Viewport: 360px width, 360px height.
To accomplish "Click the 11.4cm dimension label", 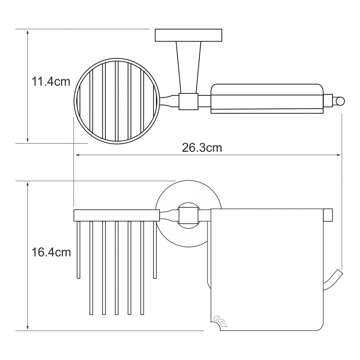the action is coord(51,82).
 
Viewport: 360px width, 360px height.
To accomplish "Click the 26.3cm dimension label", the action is coord(202,148).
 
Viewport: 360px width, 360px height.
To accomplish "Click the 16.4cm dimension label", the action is coord(51,252).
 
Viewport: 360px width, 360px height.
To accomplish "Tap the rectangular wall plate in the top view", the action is coord(188,35).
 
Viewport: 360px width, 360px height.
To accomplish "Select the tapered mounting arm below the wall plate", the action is coord(188,67).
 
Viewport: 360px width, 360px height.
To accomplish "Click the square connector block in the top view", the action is coord(188,101).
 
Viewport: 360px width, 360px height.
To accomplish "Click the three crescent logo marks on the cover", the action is coord(220,321).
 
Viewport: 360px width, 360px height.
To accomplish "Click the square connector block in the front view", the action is coord(188,215).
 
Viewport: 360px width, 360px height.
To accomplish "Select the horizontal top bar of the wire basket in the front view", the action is coord(117,215).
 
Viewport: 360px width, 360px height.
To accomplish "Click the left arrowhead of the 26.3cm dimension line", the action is coord(78,155).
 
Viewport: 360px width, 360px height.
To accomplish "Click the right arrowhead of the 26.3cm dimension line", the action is coord(339,155).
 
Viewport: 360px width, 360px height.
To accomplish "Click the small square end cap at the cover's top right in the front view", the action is coord(328,215).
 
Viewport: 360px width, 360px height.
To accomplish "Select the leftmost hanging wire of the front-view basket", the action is coord(78,250).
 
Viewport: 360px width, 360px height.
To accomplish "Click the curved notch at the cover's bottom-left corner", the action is coord(215,325).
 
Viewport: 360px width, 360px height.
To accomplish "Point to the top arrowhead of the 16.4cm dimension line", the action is coord(27,184).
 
